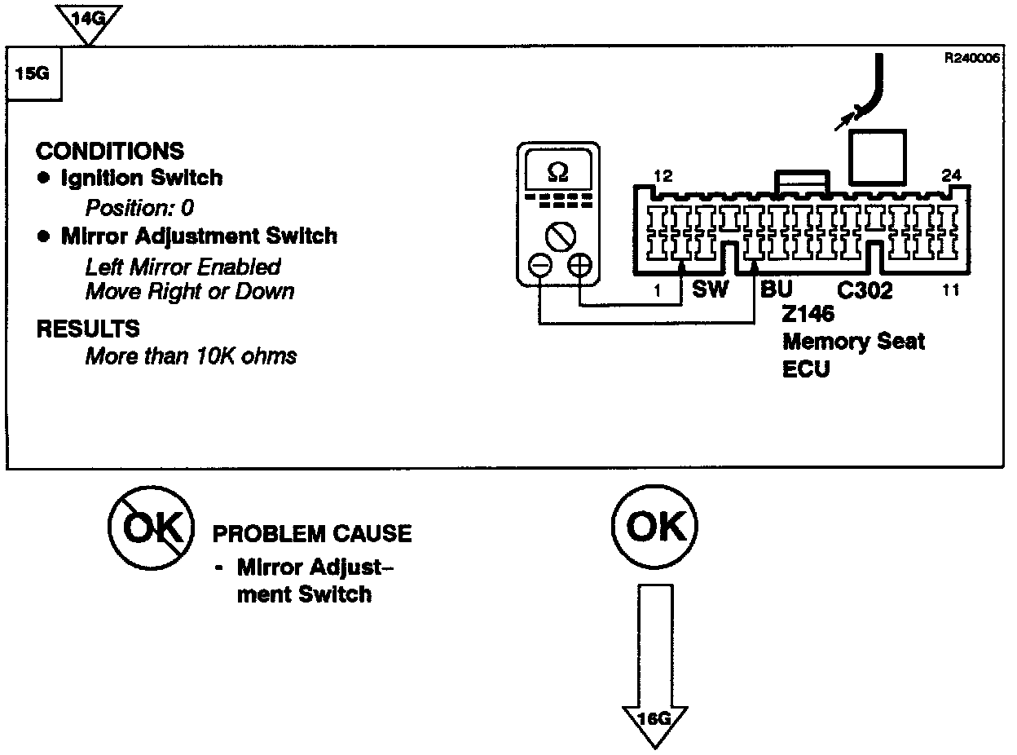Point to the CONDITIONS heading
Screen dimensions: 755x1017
110,152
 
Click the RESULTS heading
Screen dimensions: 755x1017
88,329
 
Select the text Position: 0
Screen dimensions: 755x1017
139,208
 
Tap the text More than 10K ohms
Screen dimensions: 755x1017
191,356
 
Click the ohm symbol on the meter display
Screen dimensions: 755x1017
558,173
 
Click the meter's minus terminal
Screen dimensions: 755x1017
539,266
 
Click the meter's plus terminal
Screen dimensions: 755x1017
579,266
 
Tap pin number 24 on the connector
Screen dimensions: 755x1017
951,174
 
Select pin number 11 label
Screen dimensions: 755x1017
950,290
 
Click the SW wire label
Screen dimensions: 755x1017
710,289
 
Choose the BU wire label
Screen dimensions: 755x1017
776,289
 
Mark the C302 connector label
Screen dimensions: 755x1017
865,290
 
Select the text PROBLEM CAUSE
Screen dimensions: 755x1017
312,534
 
